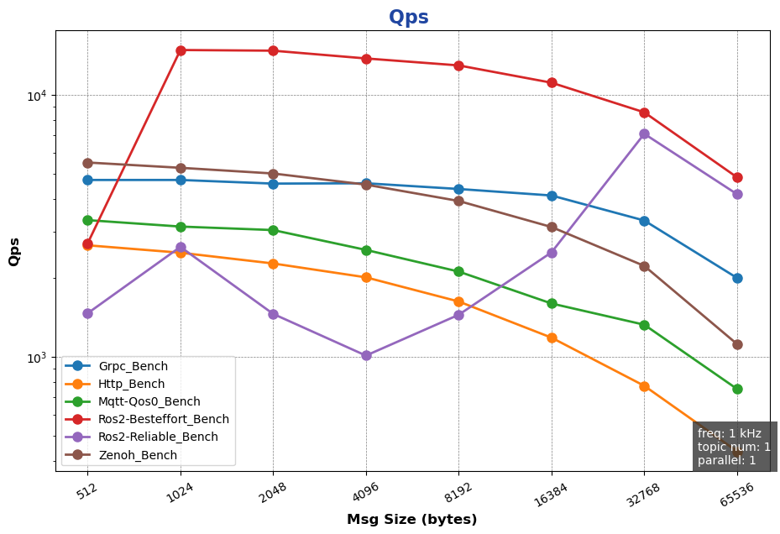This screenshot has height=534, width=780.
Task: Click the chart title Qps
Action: [408, 17]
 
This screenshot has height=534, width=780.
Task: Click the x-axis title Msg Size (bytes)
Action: [411, 520]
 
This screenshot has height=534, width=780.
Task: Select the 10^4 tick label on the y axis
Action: [36, 95]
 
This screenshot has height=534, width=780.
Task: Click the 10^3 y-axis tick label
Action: [36, 358]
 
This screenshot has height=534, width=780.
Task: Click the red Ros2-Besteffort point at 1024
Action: [181, 50]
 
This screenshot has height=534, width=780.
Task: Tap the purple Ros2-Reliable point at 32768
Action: [644, 133]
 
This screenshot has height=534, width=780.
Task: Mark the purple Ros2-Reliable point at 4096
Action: [366, 356]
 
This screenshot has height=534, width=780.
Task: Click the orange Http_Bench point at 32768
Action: [644, 386]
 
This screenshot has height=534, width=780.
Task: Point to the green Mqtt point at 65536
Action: [737, 389]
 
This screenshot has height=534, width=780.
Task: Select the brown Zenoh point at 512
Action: [87, 163]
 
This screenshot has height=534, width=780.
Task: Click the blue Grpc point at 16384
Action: [552, 196]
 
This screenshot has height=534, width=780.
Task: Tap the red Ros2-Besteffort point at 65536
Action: [737, 177]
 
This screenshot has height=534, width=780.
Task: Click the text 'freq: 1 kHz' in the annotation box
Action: [730, 433]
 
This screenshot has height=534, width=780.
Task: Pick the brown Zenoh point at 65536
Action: [737, 344]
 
